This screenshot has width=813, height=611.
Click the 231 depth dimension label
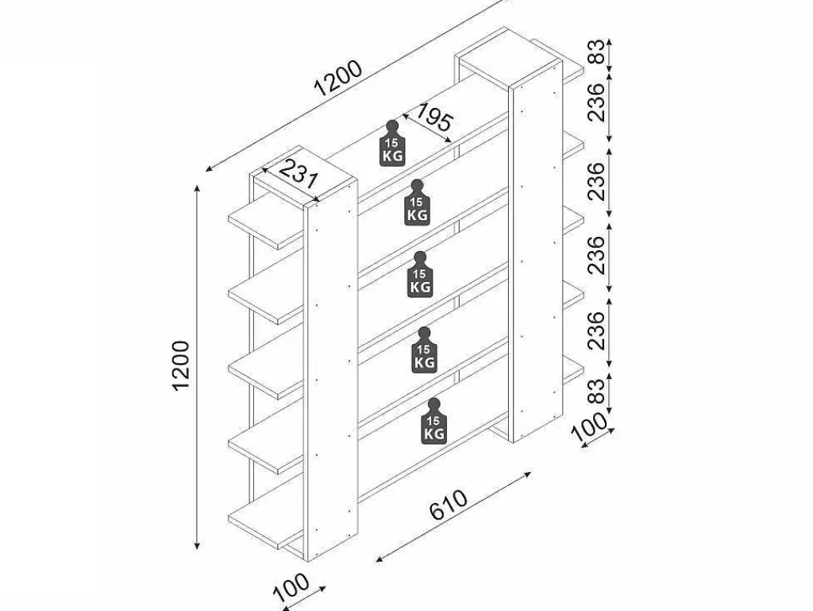[x=298, y=174]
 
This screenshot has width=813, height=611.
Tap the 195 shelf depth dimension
[x=434, y=118]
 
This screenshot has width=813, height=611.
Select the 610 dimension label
[x=449, y=505]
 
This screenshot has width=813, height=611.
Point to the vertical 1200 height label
[x=181, y=365]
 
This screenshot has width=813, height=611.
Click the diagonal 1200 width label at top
[x=338, y=79]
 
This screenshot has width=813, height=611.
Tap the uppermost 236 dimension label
[x=597, y=102]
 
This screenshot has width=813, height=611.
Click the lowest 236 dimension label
[x=597, y=331]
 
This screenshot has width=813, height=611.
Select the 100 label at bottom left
[x=291, y=588]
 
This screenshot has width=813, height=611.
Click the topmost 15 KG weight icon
[x=392, y=143]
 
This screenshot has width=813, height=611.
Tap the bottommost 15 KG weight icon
[x=434, y=421]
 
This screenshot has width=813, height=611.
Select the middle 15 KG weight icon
[x=420, y=274]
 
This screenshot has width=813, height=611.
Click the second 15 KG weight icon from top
[x=417, y=203]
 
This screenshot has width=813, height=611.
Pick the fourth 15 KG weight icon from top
[x=425, y=350]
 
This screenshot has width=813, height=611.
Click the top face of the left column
[x=305, y=174]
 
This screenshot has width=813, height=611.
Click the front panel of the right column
[x=537, y=253]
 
